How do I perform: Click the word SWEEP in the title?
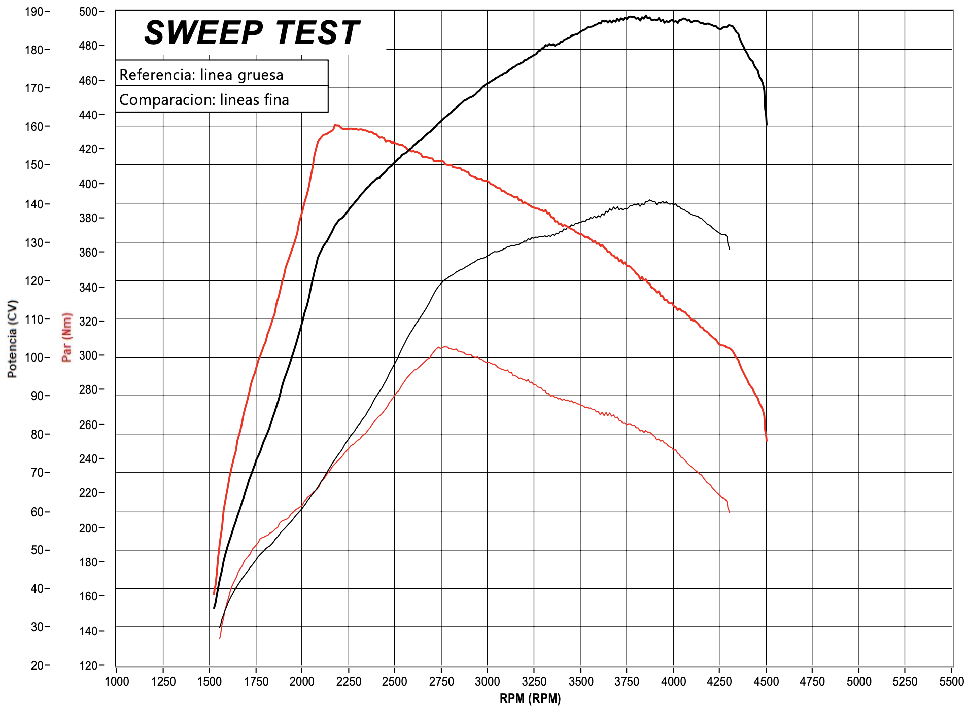pyautogui.click(x=203, y=33)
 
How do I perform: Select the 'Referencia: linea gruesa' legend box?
pyautogui.click(x=221, y=74)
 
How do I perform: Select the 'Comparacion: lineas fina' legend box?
pyautogui.click(x=221, y=99)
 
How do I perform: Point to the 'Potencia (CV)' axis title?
pyautogui.click(x=13, y=339)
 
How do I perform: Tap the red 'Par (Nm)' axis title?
pyautogui.click(x=66, y=337)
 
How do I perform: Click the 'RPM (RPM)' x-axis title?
pyautogui.click(x=530, y=699)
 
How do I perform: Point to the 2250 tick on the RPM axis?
pyautogui.click(x=348, y=682)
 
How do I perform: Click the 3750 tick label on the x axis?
pyautogui.click(x=627, y=682)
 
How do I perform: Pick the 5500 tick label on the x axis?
pyautogui.click(x=951, y=682)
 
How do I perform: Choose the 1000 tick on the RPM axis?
pyautogui.click(x=117, y=682)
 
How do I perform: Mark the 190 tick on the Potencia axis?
pyautogui.click(x=34, y=11)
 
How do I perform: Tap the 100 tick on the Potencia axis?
pyautogui.click(x=34, y=357)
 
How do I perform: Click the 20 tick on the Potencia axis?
pyautogui.click(x=37, y=665)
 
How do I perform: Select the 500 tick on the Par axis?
pyautogui.click(x=89, y=11)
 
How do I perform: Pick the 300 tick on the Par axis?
pyautogui.click(x=89, y=355)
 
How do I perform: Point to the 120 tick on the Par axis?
pyautogui.click(x=89, y=665)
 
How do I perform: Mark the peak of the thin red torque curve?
pyautogui.click(x=442, y=347)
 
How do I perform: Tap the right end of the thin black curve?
pyautogui.click(x=729, y=249)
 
